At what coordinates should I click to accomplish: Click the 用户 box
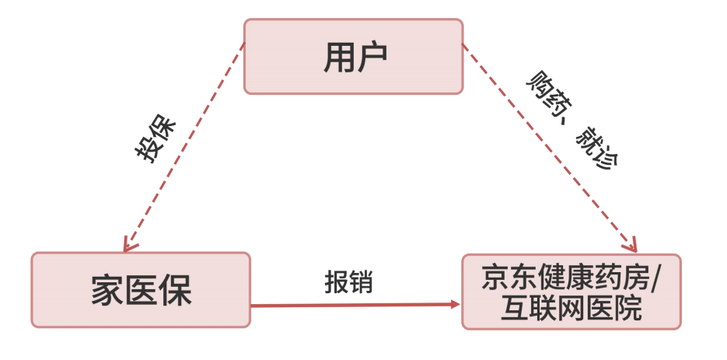click(354, 57)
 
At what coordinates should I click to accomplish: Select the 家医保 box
click(141, 289)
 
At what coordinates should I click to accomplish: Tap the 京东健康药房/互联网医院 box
click(571, 291)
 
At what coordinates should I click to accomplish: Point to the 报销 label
click(348, 281)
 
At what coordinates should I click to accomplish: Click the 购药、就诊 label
click(571, 121)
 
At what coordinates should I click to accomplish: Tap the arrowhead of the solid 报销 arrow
click(456, 303)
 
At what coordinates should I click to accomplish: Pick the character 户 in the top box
click(372, 57)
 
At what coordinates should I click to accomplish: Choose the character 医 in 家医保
click(142, 290)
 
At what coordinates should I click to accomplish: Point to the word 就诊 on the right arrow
click(596, 150)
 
